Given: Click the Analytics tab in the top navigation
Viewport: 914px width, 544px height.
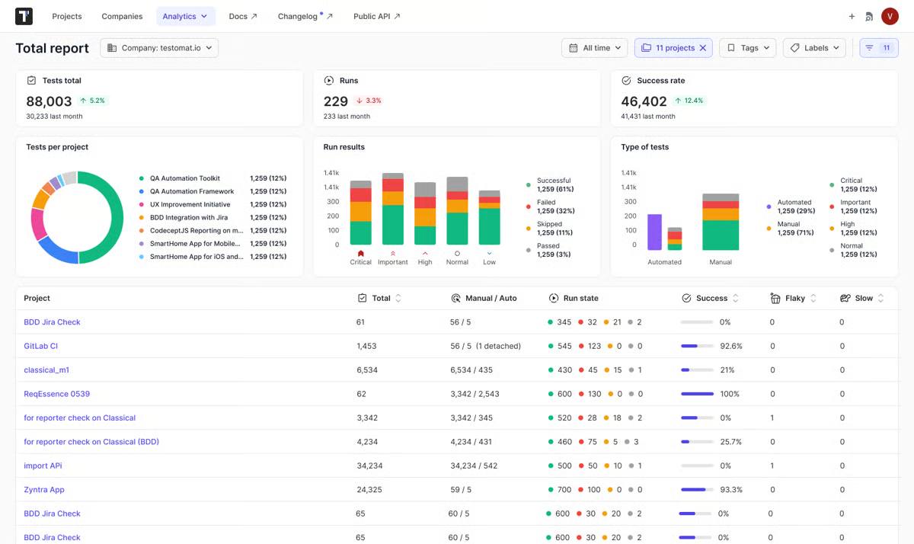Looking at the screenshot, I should point(185,16).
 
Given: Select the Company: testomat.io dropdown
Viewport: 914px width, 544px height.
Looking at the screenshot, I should point(159,48).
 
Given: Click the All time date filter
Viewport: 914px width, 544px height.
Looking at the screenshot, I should point(595,48).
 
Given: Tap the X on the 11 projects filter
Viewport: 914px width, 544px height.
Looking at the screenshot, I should point(703,48).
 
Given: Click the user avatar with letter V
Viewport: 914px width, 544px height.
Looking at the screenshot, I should point(890,16).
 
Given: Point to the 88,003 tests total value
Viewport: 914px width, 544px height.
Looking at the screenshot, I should point(49,101).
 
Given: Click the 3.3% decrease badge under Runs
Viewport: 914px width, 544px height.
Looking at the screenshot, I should point(369,101).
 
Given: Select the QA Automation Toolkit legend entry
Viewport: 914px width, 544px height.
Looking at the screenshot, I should point(184,178).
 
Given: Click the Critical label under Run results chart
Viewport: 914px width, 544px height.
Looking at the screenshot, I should point(360,262).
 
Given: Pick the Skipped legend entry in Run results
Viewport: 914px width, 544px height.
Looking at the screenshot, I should point(549,224).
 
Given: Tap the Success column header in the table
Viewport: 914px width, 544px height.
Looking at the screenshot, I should point(711,298).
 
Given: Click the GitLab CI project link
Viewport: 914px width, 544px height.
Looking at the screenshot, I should point(41,346).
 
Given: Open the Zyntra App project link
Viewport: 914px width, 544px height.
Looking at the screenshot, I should point(44,490).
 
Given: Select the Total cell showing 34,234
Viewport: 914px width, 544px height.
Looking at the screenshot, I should point(369,466).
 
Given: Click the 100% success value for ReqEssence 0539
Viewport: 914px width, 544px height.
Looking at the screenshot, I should point(730,394).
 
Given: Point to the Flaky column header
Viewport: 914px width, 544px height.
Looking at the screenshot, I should point(794,298).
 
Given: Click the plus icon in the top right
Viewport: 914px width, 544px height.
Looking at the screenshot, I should point(852,16).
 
